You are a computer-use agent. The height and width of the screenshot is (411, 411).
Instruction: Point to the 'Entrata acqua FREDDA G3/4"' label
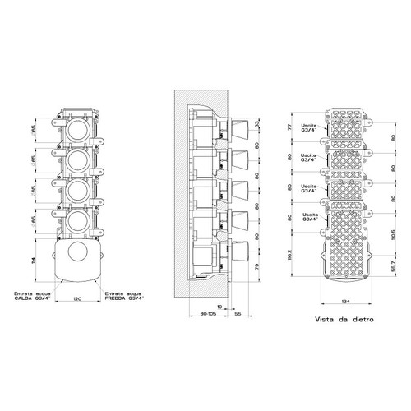tap(123, 297)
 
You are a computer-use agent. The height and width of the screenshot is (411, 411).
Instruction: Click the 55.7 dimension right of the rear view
tap(393, 268)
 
